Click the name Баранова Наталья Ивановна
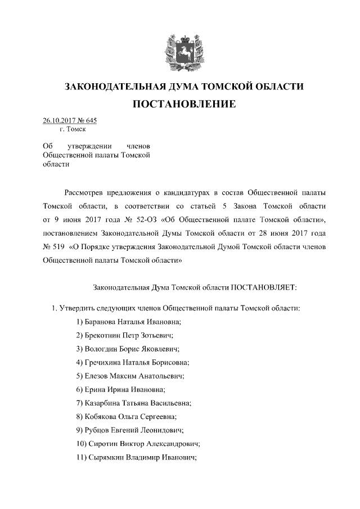pyautogui.click(x=133, y=322)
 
